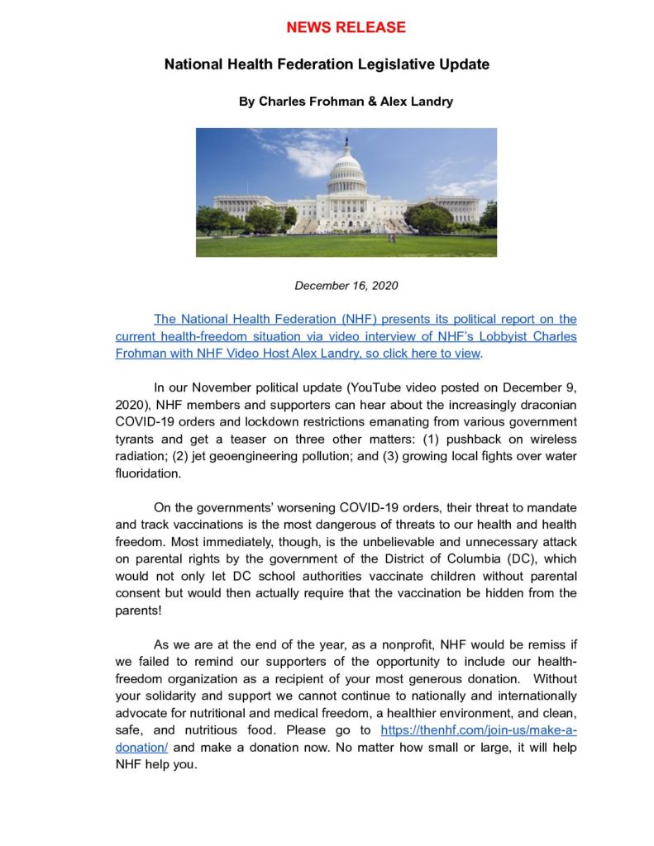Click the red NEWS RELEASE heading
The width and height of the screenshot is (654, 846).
(346, 27)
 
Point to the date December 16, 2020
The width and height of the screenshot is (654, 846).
(346, 286)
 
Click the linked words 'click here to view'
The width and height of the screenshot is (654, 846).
(427, 353)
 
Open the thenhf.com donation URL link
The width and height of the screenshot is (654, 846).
(478, 730)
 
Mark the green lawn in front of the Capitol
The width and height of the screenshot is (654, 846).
(346, 244)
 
